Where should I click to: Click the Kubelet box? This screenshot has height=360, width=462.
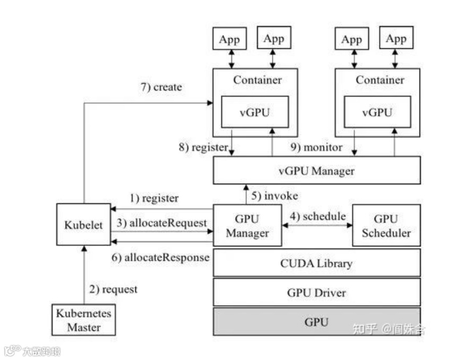(83, 225)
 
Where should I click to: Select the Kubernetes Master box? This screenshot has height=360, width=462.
(84, 320)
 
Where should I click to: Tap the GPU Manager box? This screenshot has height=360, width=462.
(247, 225)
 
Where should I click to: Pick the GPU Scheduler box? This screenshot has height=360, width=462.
(386, 225)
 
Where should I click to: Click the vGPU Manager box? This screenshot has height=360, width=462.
(316, 170)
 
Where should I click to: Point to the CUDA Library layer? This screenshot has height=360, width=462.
(316, 263)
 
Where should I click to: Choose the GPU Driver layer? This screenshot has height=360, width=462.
(316, 292)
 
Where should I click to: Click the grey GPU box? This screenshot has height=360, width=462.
(316, 321)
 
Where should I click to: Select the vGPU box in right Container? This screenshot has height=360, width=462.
(377, 112)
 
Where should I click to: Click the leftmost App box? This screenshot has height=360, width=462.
(229, 39)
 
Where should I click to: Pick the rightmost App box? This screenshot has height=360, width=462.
(396, 39)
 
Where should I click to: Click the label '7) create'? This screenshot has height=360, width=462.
(161, 87)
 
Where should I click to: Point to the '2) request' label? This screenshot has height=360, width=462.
(113, 289)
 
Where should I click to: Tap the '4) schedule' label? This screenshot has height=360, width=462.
(317, 217)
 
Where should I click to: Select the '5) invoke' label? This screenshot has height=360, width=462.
(275, 195)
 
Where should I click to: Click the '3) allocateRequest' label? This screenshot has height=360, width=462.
(161, 223)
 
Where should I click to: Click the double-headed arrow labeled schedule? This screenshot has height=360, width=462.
(317, 225)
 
